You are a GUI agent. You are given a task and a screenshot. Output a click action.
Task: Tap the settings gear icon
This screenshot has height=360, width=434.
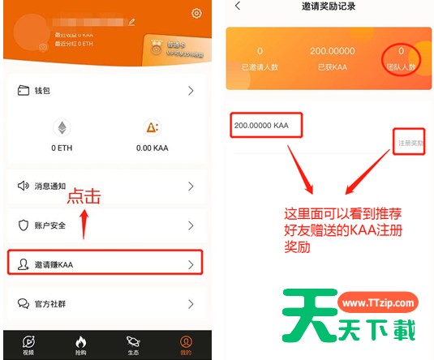196,13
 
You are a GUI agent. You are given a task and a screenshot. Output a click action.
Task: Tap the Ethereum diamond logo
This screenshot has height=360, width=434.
61,127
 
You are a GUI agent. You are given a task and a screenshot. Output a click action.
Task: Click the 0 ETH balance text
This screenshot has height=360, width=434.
62,148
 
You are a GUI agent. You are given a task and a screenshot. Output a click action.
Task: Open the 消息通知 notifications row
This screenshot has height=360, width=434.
47,186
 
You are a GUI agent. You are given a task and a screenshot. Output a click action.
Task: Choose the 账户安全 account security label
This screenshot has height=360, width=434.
47,225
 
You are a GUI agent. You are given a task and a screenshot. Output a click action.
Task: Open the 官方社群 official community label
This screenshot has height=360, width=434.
47,304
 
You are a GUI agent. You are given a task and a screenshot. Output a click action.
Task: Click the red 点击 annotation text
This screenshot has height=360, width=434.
84,197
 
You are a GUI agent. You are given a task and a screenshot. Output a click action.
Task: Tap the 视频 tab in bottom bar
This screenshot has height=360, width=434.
28,345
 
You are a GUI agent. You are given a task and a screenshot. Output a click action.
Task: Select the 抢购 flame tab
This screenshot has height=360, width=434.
80,345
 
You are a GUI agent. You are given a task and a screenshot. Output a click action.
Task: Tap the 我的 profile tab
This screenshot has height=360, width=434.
186,345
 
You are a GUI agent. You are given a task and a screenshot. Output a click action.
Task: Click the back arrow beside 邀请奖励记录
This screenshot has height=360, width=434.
238,6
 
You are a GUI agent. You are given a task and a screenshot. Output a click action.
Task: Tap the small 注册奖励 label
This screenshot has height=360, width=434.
410,143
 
